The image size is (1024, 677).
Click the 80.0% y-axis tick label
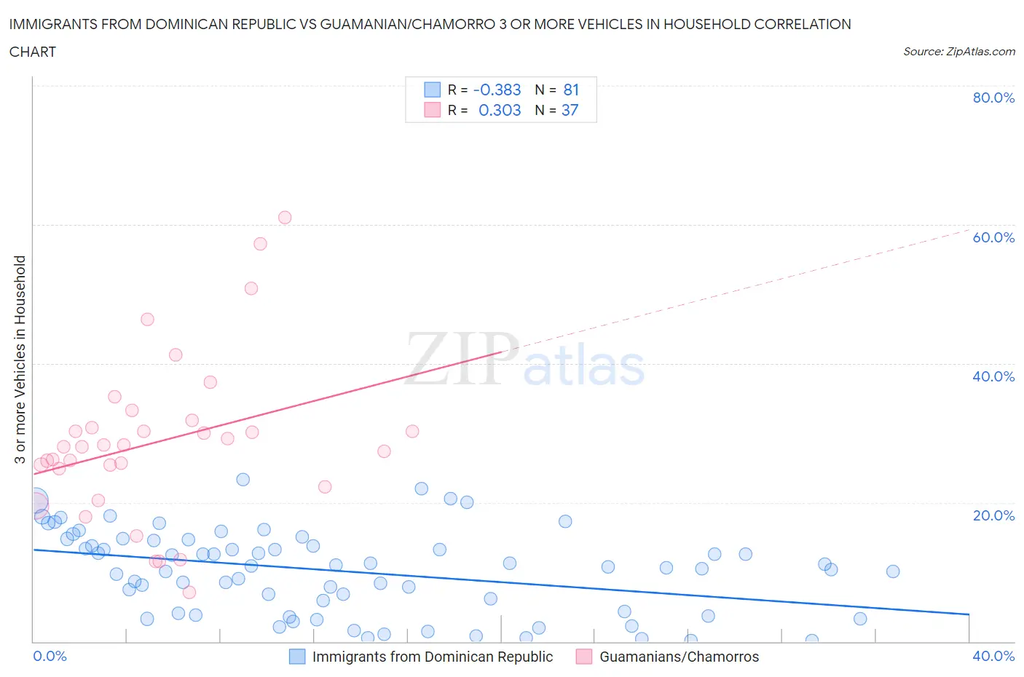(x=993, y=98)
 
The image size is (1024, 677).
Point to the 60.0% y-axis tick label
(x=993, y=237)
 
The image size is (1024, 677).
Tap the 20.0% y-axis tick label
(x=993, y=515)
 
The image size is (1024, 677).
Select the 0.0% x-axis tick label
(x=50, y=656)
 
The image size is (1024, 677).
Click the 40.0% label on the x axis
(x=993, y=656)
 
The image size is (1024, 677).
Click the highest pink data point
(x=285, y=218)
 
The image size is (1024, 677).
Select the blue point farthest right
(x=893, y=571)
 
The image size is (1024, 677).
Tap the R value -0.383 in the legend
(x=497, y=90)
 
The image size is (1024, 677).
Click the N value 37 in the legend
(x=570, y=110)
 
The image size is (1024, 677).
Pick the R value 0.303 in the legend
(x=500, y=110)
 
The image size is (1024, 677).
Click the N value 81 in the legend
(x=571, y=90)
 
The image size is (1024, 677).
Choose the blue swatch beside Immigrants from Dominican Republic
(x=297, y=657)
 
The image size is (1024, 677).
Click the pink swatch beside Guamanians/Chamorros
(x=583, y=657)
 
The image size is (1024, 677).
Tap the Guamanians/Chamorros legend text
(x=679, y=657)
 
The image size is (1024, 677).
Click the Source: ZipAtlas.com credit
(x=958, y=51)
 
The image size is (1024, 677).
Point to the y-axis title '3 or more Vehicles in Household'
(x=20, y=360)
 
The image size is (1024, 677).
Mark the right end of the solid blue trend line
(x=969, y=614)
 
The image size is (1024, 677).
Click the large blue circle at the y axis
(x=35, y=502)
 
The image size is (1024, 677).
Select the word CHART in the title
(x=33, y=52)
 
